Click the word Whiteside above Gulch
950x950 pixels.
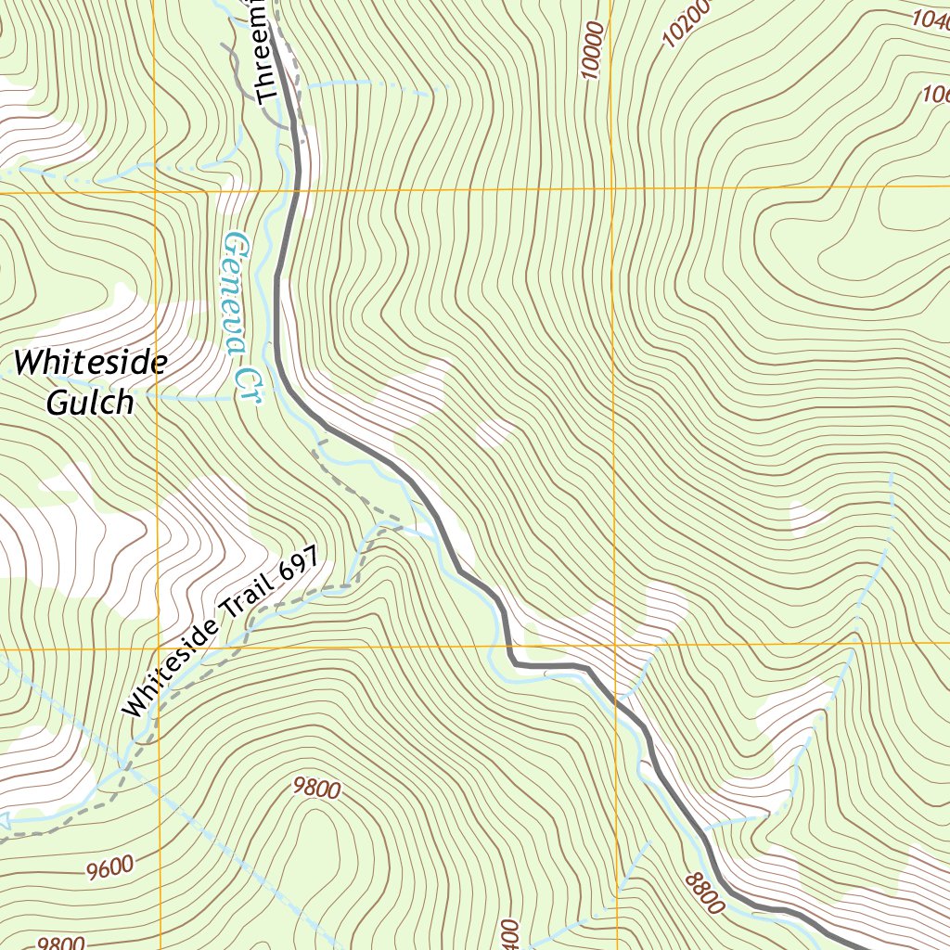(91, 362)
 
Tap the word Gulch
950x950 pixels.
(90, 402)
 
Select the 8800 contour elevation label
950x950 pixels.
(704, 893)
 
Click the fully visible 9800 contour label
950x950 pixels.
(316, 789)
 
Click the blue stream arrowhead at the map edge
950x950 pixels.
(4, 820)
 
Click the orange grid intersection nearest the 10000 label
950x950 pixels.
(612, 188)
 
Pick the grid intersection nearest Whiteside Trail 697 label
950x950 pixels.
(157, 648)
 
